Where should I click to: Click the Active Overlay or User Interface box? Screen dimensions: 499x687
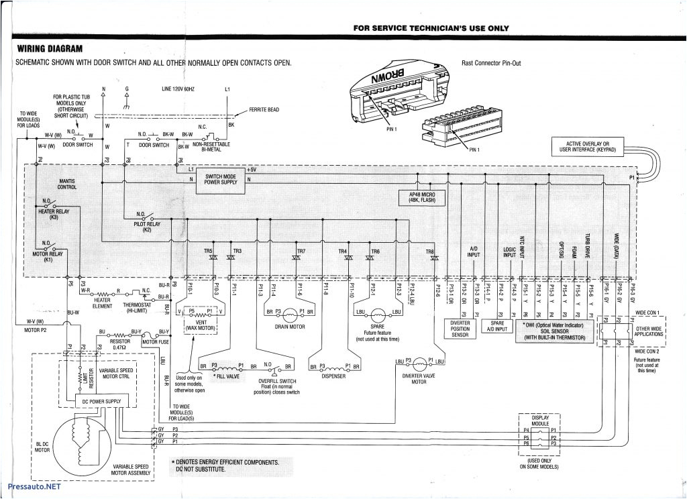click(x=587, y=147)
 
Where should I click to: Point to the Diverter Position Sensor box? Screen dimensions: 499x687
click(x=460, y=329)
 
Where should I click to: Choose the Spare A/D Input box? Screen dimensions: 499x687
click(x=497, y=325)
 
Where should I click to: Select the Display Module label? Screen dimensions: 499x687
click(x=540, y=421)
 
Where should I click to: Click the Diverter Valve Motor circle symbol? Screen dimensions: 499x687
click(x=421, y=363)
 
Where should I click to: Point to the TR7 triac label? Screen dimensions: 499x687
click(x=301, y=252)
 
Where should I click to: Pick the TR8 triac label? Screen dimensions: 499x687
click(x=429, y=252)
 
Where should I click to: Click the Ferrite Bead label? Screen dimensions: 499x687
click(x=264, y=109)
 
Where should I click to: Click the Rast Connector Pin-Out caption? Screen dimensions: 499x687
click(x=491, y=63)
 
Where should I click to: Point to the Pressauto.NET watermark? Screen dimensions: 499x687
click(x=32, y=487)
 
